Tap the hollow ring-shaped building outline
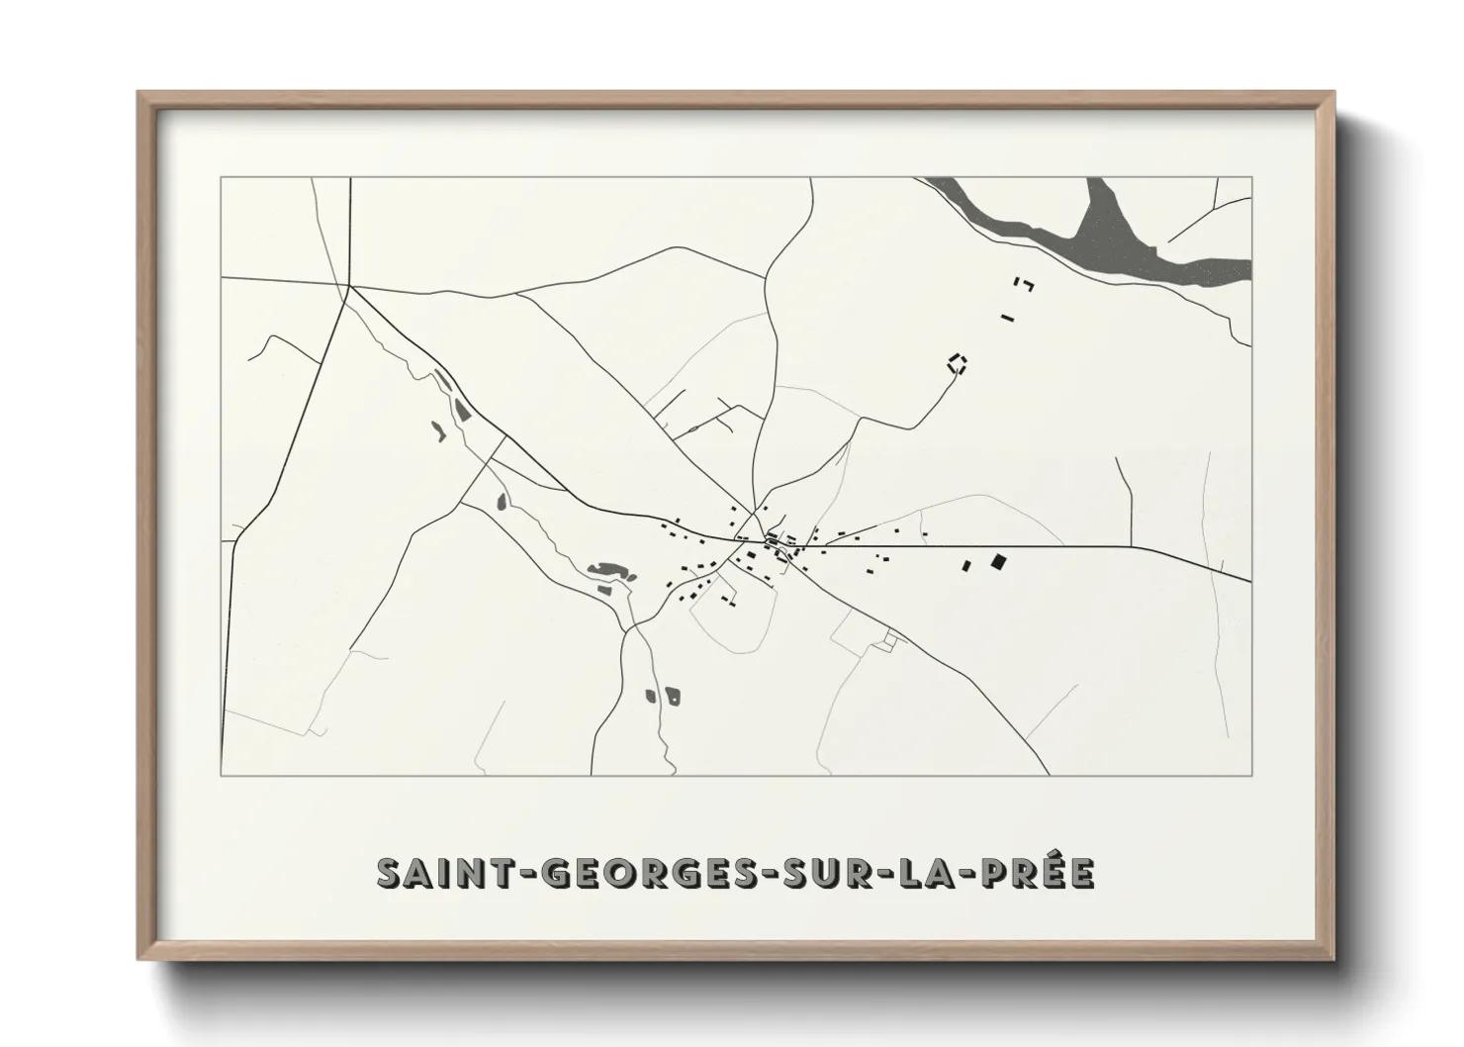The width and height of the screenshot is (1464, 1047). pyautogui.click(x=957, y=362)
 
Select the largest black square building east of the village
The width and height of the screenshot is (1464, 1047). pyautogui.click(x=998, y=562)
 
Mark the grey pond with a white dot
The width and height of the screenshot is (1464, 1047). pyautogui.click(x=674, y=696)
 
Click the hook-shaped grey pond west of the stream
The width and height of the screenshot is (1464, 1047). pyautogui.click(x=436, y=429)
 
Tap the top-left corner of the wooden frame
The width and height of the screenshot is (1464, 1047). pyautogui.click(x=139, y=94)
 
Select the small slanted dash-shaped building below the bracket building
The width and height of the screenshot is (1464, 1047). pyautogui.click(x=1007, y=318)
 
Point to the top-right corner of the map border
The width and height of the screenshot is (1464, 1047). pyautogui.click(x=1252, y=177)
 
